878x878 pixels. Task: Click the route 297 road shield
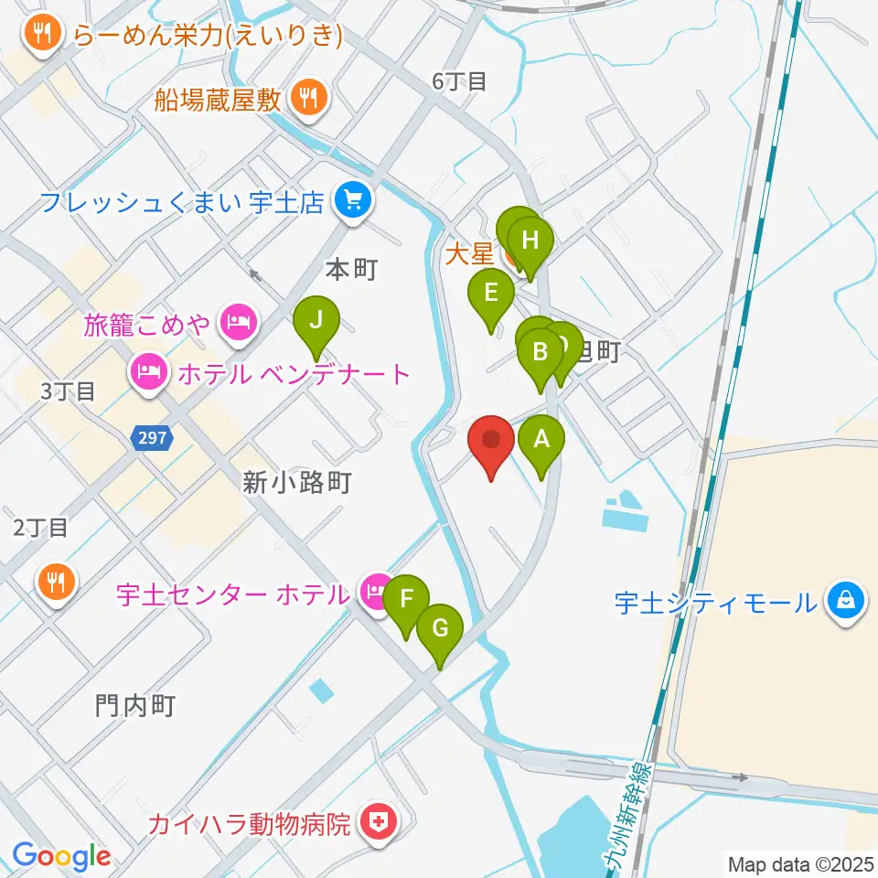pos(152,438)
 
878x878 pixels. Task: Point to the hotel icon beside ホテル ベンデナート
pos(148,372)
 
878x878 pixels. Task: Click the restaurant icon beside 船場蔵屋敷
pos(309,97)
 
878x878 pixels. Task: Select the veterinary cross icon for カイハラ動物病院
pos(375,823)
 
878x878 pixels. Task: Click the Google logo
pos(61,856)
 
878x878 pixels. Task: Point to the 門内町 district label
pos(134,704)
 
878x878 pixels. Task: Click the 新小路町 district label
pos(297,482)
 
